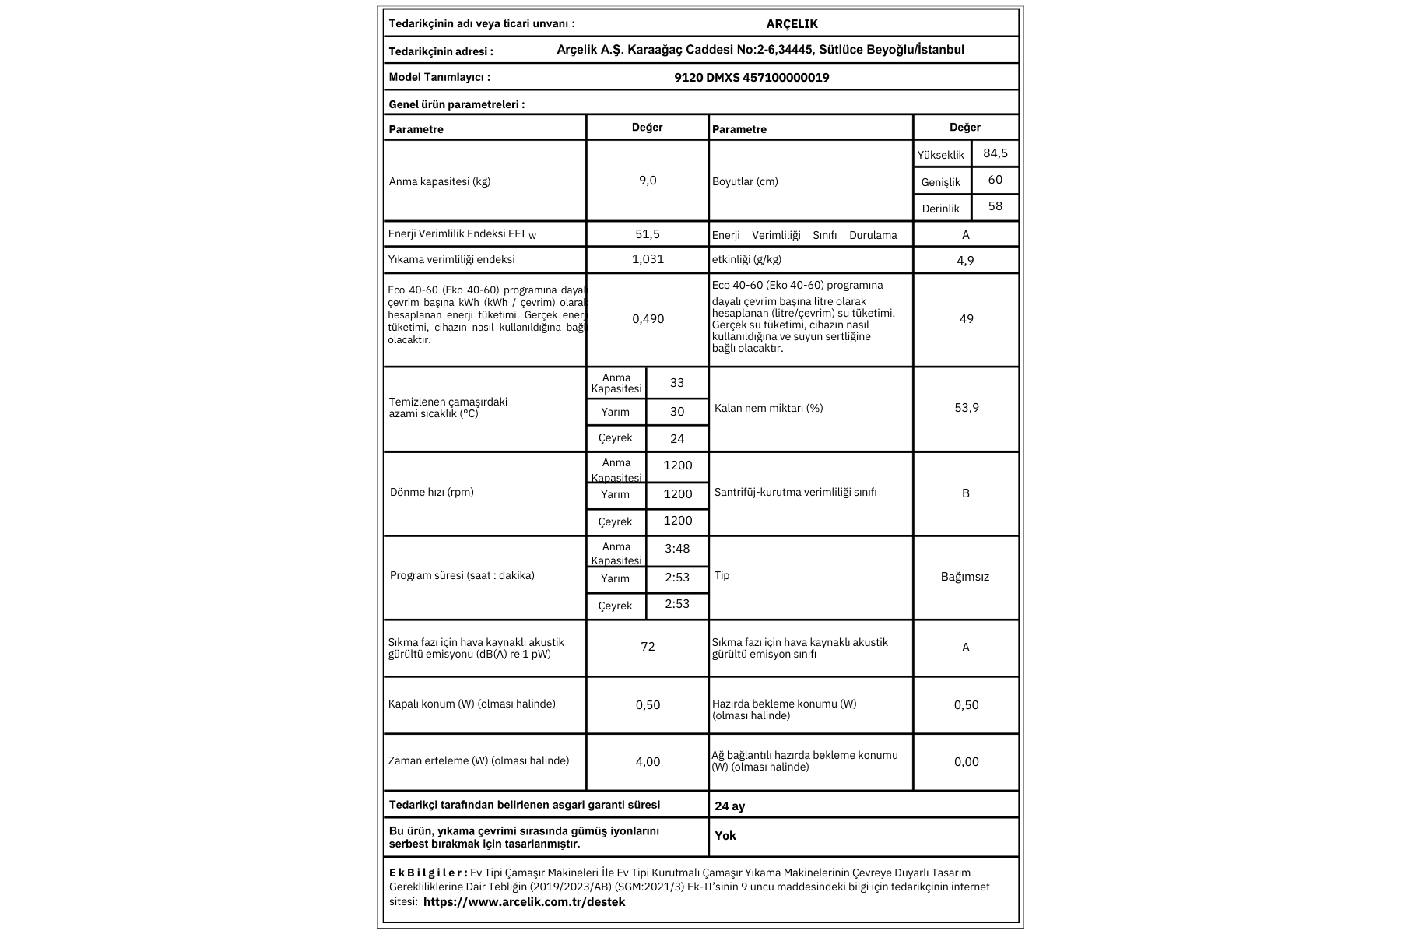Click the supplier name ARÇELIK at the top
(792, 24)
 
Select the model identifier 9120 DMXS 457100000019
(751, 78)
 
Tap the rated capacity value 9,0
(648, 181)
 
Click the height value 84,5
(995, 153)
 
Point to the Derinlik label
(940, 209)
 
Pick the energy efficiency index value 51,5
(648, 233)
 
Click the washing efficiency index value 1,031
(648, 259)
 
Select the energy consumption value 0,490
(648, 319)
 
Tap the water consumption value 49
(966, 319)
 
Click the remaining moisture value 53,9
(966, 408)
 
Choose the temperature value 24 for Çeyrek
(677, 438)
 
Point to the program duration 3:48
(677, 549)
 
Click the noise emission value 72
(648, 647)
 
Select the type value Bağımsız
(965, 577)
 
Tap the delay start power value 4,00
(648, 762)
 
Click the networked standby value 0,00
(966, 762)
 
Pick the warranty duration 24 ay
(729, 806)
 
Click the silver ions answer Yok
(725, 836)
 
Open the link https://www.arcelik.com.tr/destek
(524, 902)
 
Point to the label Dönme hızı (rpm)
(431, 492)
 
